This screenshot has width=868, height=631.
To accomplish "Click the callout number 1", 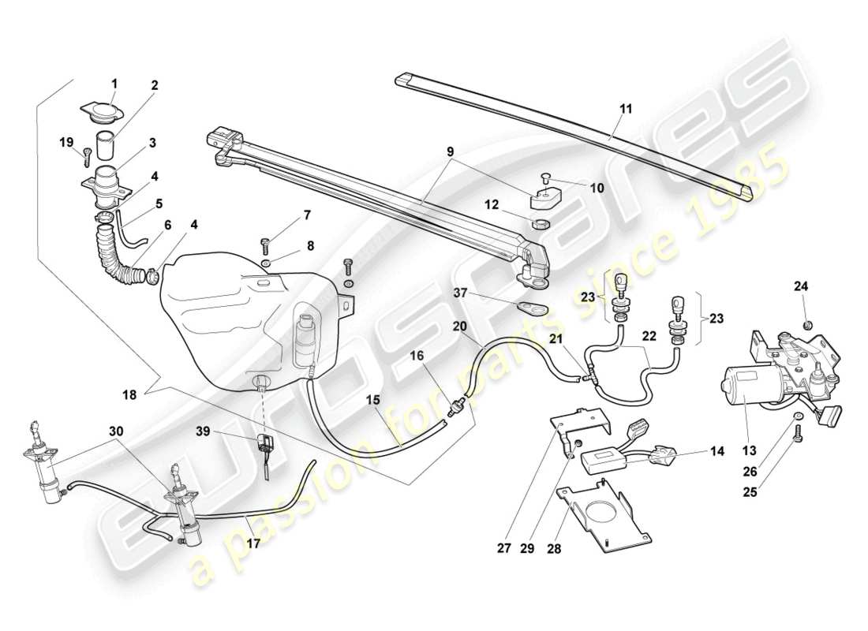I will coord(114,83).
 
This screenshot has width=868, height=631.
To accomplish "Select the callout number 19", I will coord(67,142).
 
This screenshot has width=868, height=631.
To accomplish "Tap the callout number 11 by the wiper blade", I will coord(625,110).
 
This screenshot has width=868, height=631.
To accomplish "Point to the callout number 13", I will coord(749,450).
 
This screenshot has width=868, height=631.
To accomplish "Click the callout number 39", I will coord(204,431).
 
